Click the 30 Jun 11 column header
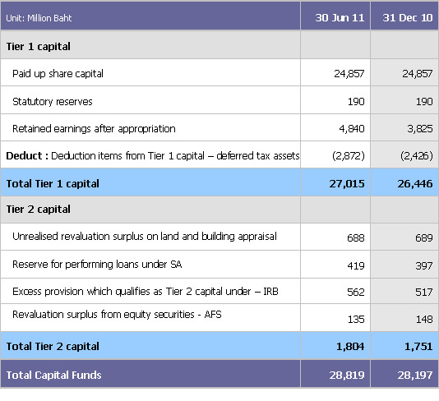(336, 17)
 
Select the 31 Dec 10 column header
(405, 17)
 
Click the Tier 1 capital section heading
(38, 46)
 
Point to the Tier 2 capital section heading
(38, 210)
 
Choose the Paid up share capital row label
(58, 74)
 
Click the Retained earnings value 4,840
(349, 129)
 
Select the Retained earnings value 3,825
(418, 129)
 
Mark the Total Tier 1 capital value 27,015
(346, 184)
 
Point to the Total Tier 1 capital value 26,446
(415, 184)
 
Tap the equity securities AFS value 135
(353, 320)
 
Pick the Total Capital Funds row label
(54, 375)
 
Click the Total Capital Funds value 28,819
(346, 376)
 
